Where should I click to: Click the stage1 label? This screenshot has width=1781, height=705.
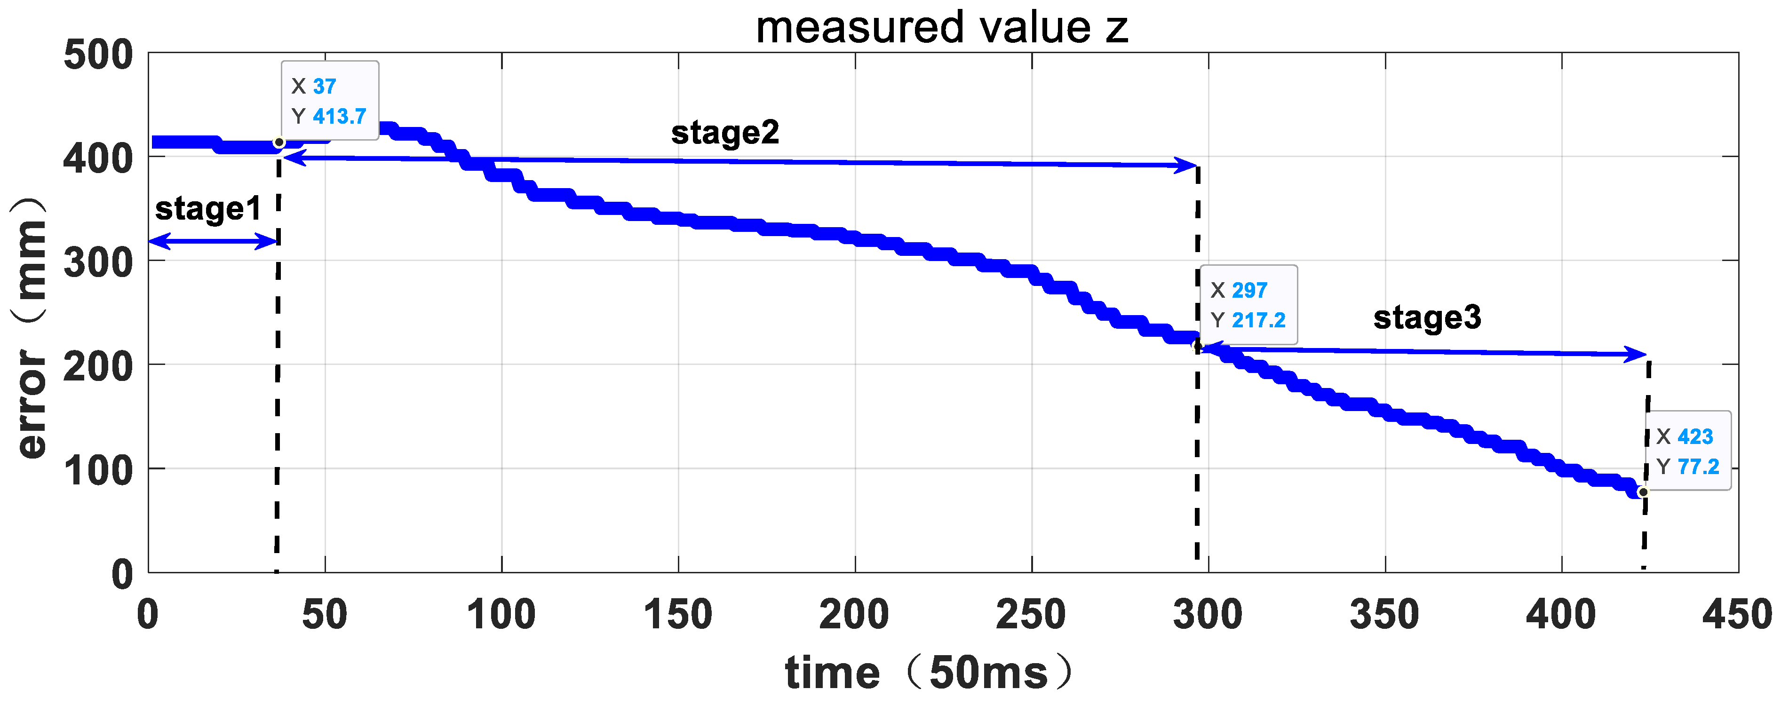[208, 209]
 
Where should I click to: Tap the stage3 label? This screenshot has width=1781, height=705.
[1427, 317]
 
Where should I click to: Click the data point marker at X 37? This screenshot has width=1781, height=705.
[279, 143]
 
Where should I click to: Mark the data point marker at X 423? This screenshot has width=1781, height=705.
[1643, 492]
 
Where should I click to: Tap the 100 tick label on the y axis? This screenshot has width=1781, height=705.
[98, 471]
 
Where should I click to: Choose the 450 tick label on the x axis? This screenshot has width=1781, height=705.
[1737, 614]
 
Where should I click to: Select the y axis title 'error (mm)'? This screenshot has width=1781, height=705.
[31, 328]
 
